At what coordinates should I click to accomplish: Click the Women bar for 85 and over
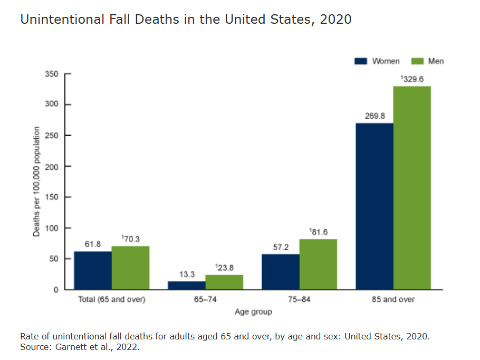click(375, 206)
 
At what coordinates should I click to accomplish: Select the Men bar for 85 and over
click(412, 187)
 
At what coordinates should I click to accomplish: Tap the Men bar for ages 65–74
click(224, 282)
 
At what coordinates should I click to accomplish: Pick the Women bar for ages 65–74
click(187, 285)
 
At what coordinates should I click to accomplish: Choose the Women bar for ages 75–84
click(281, 271)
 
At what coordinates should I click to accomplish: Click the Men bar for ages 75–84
click(318, 264)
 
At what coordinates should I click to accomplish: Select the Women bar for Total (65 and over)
click(93, 270)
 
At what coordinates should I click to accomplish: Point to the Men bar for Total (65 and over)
click(130, 268)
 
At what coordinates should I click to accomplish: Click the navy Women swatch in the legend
click(361, 61)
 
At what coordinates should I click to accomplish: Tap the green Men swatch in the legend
click(417, 61)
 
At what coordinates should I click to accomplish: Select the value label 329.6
click(413, 79)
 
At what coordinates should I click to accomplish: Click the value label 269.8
click(375, 116)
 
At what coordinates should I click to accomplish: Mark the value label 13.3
click(187, 274)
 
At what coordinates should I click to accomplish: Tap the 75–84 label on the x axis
click(300, 300)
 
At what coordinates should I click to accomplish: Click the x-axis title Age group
click(253, 312)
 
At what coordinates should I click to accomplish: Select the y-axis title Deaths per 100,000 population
click(36, 182)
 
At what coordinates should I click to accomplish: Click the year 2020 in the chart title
click(335, 20)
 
